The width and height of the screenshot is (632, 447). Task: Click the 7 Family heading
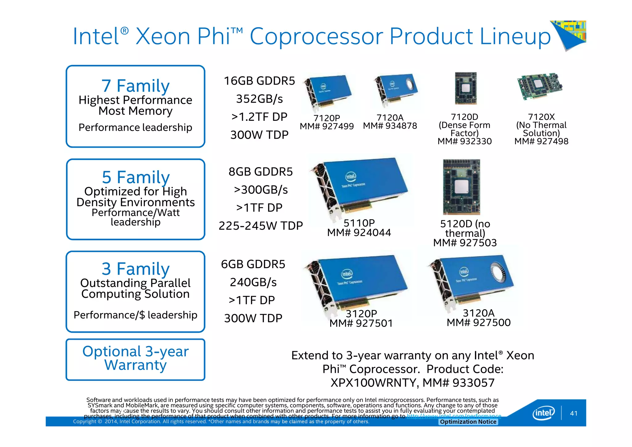pos(135,86)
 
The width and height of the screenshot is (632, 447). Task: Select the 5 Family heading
pos(136,177)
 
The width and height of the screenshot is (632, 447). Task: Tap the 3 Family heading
pos(136,269)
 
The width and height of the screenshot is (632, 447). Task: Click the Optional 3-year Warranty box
pos(135,359)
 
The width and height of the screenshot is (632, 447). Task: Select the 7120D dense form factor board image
pos(466,88)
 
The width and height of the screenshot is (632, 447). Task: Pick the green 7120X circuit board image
pos(540,86)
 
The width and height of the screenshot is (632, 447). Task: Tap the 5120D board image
pos(461,187)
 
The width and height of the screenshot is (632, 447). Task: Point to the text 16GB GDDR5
pos(259,81)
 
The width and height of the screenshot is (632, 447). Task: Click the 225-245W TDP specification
pos(261,226)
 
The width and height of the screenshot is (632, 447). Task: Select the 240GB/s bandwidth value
pos(253,282)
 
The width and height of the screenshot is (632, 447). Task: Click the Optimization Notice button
pos(468,422)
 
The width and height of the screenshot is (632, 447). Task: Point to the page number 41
pos(574,413)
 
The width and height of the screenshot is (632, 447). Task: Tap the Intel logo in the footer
pos(543,413)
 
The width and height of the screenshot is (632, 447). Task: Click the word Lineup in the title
pos(515,36)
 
